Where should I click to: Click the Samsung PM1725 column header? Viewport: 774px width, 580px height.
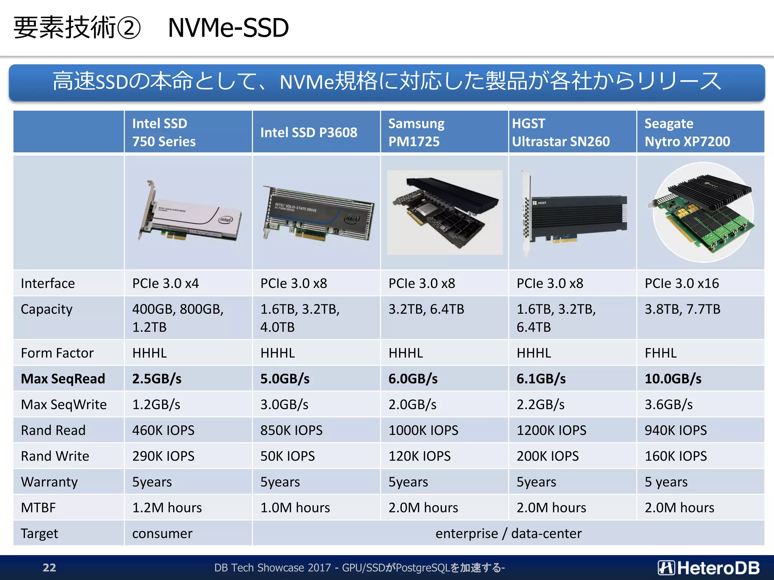click(416, 132)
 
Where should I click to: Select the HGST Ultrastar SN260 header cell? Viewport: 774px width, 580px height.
click(561, 132)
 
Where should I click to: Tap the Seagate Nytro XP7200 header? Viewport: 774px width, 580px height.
click(687, 132)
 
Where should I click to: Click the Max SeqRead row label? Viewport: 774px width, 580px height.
click(63, 379)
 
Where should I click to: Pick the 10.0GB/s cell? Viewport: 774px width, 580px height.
click(673, 379)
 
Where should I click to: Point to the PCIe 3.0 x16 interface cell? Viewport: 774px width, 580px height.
click(681, 283)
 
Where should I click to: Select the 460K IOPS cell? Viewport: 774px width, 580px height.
click(163, 430)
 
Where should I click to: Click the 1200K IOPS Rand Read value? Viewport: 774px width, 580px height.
click(551, 430)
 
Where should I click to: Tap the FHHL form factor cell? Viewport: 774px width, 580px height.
click(661, 353)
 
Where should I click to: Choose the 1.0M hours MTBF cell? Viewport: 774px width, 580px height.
click(295, 507)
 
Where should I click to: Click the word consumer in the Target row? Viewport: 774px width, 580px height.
click(162, 534)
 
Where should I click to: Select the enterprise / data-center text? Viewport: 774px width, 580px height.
click(508, 534)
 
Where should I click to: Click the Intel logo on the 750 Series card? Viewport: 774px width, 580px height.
click(226, 219)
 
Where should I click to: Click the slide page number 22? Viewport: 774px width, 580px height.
click(50, 568)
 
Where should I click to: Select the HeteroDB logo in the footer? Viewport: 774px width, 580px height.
click(709, 568)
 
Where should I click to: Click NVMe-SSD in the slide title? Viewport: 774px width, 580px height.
click(228, 28)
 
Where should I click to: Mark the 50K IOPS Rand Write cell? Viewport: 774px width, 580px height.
click(287, 456)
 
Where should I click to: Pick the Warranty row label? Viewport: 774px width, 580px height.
click(49, 482)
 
